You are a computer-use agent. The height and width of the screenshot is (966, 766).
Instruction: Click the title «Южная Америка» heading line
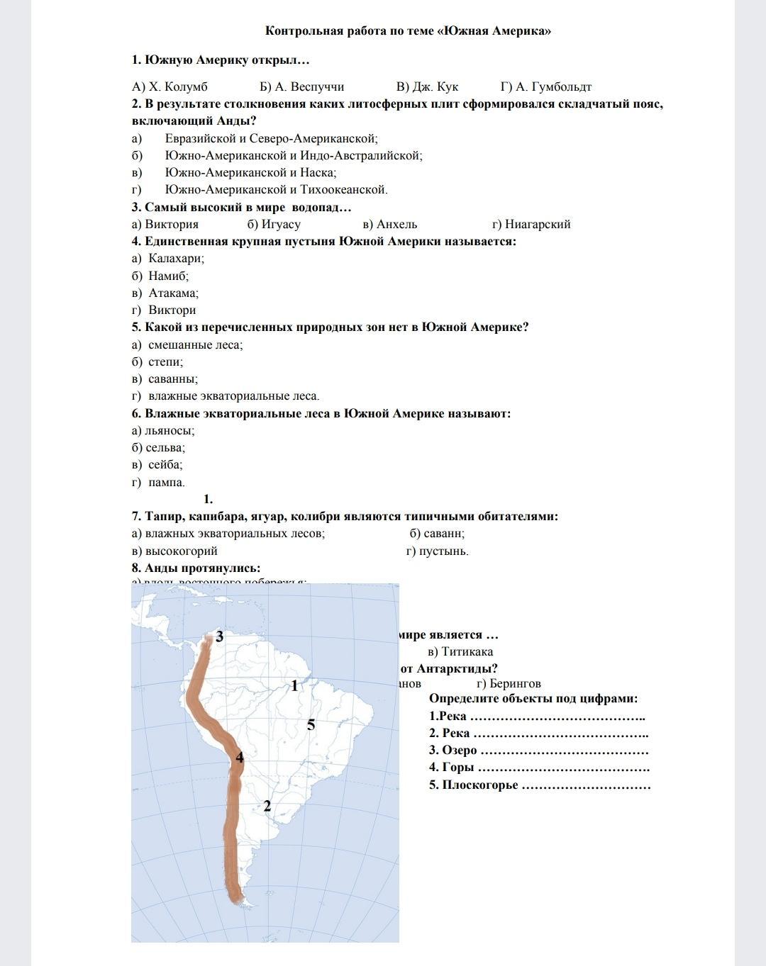click(x=408, y=31)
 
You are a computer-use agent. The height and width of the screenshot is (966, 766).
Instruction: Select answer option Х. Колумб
click(x=170, y=87)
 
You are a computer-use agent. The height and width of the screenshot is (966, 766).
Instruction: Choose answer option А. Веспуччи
click(x=302, y=87)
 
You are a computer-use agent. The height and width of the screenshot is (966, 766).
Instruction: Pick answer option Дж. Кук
click(x=427, y=87)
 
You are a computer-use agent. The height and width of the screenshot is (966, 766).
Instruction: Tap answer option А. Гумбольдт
click(x=545, y=87)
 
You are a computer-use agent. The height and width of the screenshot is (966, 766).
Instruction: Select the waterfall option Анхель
click(x=389, y=225)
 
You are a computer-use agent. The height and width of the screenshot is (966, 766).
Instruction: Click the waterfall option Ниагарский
click(x=531, y=225)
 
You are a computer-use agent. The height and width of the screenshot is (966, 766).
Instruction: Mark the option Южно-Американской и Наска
click(x=250, y=173)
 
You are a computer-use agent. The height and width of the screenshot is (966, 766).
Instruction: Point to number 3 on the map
click(x=220, y=637)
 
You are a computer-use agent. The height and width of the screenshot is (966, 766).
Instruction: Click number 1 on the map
click(x=294, y=686)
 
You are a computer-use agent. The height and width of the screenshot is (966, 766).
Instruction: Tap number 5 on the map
click(x=311, y=725)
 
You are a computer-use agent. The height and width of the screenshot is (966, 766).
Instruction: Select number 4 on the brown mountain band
click(x=240, y=758)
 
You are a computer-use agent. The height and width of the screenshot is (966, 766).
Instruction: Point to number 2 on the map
click(x=267, y=806)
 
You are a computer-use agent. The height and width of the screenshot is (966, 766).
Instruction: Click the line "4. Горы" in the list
click(x=539, y=768)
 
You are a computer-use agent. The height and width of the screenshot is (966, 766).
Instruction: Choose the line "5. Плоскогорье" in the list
click(x=539, y=785)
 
